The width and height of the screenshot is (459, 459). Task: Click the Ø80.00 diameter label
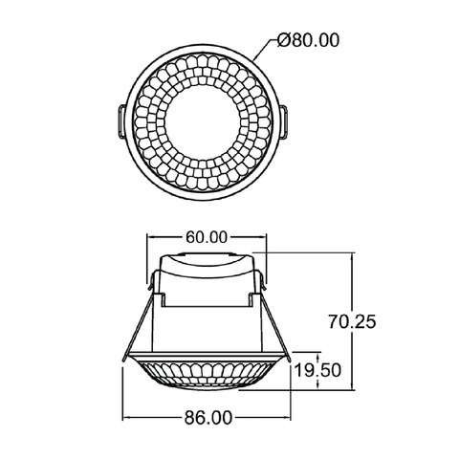[308, 40]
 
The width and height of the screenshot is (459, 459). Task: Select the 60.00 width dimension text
[207, 237]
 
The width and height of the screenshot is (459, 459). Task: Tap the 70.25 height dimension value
[352, 321]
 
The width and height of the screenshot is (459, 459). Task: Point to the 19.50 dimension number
[317, 370]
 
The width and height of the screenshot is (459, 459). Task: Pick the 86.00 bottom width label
[208, 418]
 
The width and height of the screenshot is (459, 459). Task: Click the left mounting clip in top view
[122, 121]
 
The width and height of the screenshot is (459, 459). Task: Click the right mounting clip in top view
[284, 121]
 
